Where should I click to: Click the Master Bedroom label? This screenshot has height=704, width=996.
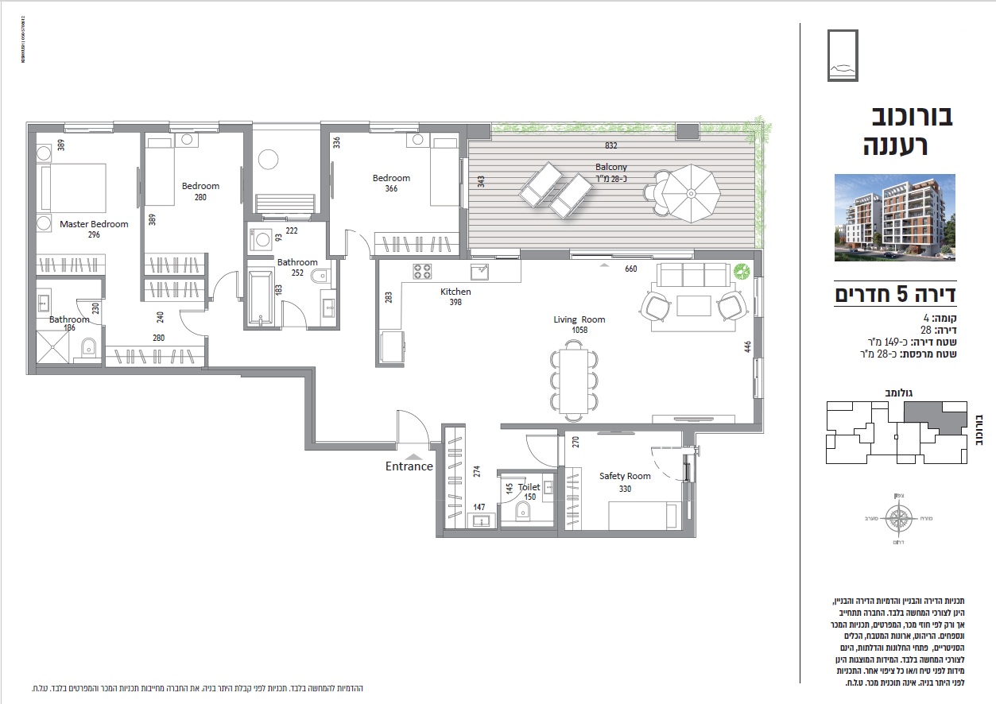coord(94,224)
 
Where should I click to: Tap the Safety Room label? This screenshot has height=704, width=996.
coord(625,476)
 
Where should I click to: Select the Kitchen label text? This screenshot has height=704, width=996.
coord(455,292)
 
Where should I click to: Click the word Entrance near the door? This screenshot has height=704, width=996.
coord(409,466)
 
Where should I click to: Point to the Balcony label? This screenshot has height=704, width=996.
coord(611,167)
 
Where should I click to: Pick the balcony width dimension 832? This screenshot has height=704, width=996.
coord(610,146)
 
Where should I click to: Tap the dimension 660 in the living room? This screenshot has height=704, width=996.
coord(630,269)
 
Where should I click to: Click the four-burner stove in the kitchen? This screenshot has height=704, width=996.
coord(421,272)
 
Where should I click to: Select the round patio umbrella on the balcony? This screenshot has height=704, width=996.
coord(691,193)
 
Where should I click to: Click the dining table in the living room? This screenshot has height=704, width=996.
coord(574,379)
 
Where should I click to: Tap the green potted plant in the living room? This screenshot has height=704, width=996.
coord(742,272)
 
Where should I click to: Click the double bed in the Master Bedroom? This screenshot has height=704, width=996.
coord(74,188)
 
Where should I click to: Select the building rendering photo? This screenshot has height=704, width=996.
coord(894,218)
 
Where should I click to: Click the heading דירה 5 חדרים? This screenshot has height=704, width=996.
coord(894,295)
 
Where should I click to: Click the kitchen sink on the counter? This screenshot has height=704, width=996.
coord(479,273)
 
